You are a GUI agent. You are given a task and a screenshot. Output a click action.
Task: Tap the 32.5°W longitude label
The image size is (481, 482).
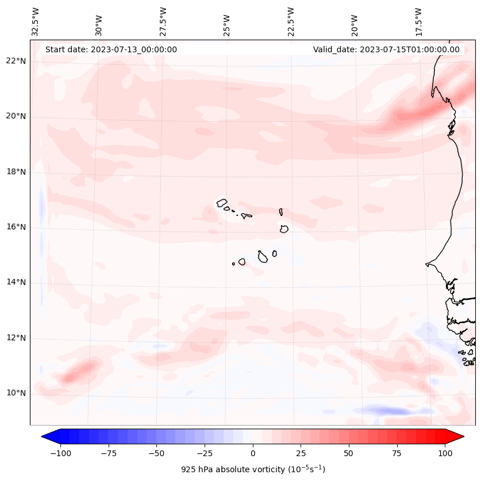[36, 21]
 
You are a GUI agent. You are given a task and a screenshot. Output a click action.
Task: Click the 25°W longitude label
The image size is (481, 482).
[227, 22]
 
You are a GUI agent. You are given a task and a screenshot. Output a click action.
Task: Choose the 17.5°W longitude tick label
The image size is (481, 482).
[418, 21]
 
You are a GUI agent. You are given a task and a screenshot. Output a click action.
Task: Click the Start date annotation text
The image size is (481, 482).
[111, 49]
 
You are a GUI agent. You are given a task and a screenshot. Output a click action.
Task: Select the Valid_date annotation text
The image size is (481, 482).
[386, 49]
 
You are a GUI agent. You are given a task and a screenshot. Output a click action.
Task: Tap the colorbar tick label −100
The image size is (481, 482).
[60, 454]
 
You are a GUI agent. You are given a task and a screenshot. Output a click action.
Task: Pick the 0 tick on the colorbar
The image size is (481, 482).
[253, 454]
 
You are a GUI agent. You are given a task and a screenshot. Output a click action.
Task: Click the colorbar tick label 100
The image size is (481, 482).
[445, 454]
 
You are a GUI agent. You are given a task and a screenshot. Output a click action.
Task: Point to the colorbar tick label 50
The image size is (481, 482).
[349, 454]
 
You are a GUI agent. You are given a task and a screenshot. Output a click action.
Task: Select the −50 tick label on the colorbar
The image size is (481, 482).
[156, 454]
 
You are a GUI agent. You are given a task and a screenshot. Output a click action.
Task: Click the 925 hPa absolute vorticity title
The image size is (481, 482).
[253, 469]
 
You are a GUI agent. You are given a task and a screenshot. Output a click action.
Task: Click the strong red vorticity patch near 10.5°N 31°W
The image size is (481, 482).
[75, 373]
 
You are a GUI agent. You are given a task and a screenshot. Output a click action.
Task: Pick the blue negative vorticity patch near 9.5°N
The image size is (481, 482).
[385, 411]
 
